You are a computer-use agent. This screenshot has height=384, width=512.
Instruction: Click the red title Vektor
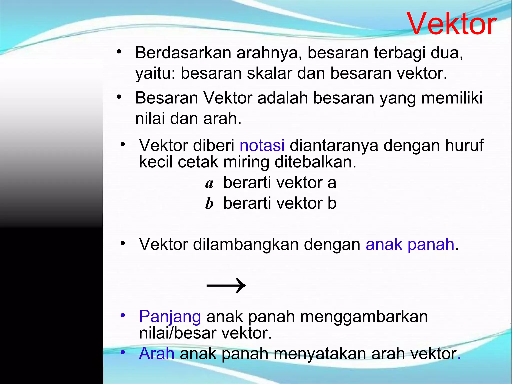point(451,24)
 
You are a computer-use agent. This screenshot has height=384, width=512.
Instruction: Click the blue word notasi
point(262,145)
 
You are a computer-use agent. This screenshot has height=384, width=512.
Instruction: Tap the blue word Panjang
point(170,317)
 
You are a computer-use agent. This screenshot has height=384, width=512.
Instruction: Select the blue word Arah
point(157,354)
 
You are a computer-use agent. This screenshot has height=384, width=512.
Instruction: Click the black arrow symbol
point(226,285)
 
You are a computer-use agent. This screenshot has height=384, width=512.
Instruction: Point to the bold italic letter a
point(209,184)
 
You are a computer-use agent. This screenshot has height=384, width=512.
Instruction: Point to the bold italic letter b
point(209,204)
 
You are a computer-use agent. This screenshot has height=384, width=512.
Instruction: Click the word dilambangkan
point(246,244)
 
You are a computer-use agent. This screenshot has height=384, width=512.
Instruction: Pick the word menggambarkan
point(364,317)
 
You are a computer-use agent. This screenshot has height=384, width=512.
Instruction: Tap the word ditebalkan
point(315,162)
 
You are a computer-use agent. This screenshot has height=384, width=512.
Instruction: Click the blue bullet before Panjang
point(123,315)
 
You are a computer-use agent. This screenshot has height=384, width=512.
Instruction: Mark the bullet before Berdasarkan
point(119,52)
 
